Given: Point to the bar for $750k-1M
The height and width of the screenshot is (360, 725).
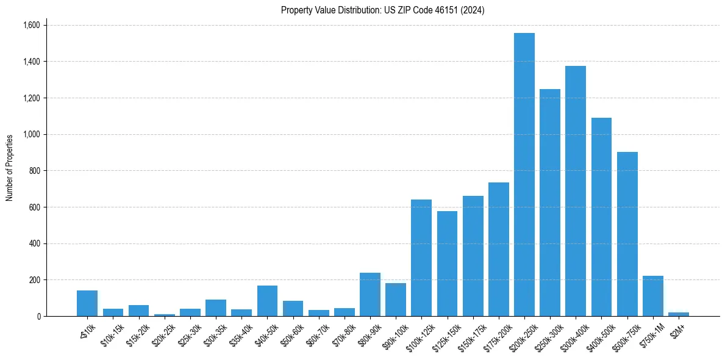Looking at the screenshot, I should (x=652, y=296).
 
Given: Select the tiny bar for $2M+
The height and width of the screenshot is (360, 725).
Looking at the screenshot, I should (x=678, y=314).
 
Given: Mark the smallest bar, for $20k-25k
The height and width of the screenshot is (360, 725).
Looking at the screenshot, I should (x=164, y=315).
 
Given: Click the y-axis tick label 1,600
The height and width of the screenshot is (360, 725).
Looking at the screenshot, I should (x=31, y=25).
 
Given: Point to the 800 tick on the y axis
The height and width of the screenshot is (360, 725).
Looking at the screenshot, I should (x=34, y=171).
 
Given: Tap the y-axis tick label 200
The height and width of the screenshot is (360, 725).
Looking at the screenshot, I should (x=34, y=280).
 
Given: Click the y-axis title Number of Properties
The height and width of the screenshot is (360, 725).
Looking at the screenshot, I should (x=10, y=168).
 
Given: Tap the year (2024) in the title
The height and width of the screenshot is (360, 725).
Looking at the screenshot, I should (x=474, y=10).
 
